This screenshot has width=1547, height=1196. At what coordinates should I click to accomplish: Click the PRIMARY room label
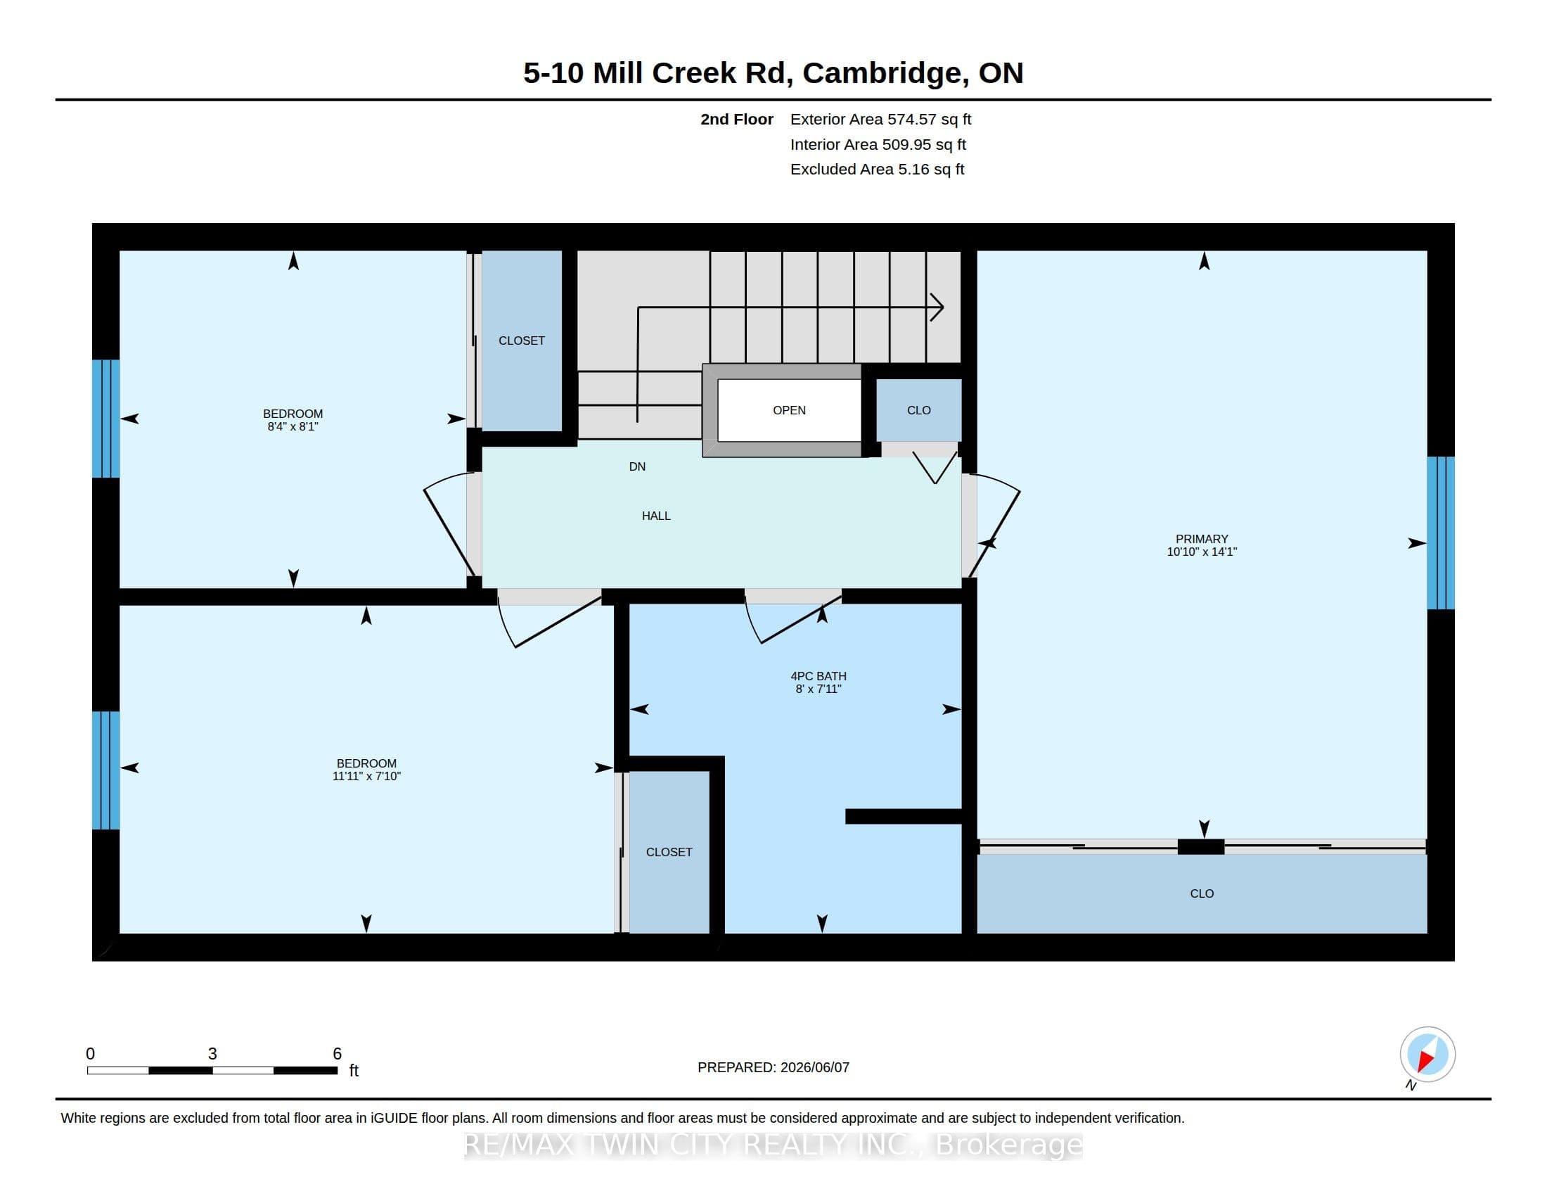[1201, 538]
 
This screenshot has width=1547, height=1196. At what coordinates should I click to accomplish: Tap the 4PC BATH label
[818, 676]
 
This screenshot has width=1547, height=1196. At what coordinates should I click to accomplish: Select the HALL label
[656, 516]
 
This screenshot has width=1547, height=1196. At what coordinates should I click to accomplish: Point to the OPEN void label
[789, 410]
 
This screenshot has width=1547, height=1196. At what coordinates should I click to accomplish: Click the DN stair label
[637, 466]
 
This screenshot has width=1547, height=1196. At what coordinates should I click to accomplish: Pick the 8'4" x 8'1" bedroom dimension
[293, 426]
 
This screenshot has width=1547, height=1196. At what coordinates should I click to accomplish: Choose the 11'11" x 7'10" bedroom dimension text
[366, 776]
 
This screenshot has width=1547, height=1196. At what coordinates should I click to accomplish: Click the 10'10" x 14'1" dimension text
[1201, 552]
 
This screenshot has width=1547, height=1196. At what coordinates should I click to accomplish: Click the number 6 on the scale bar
[337, 1054]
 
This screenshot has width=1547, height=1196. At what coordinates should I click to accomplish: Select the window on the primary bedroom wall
[1441, 533]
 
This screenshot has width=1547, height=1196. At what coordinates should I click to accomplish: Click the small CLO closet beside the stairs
[919, 410]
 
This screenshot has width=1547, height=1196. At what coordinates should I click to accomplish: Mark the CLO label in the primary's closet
[1201, 893]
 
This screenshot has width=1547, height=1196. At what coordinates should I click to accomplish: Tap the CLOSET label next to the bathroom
[669, 852]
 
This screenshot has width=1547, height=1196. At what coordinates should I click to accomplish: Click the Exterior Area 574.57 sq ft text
[880, 119]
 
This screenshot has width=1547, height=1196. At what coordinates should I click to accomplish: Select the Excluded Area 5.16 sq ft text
[877, 169]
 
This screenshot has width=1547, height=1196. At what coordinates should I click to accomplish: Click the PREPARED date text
[773, 1067]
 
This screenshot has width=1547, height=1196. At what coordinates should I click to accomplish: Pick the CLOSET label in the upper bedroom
[521, 341]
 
